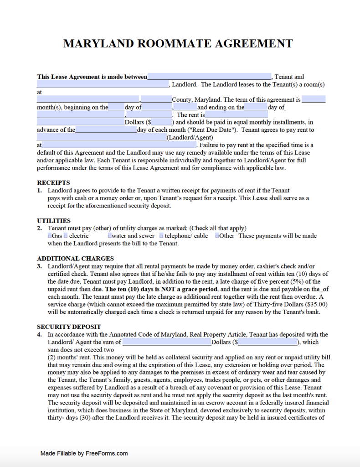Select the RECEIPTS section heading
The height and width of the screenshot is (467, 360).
pos(53,183)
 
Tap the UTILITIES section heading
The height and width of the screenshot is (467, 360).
pos(54,221)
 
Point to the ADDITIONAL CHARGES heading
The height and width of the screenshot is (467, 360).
pos(75,259)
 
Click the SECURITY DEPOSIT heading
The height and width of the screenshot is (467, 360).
pos(69,327)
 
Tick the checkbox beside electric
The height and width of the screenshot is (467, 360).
pos(66,236)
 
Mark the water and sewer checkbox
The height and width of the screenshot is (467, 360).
pos(110,236)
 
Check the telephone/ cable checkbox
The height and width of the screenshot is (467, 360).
pos(161,236)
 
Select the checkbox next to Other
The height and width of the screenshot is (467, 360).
pos(217,236)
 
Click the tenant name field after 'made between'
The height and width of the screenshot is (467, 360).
pos(209,77)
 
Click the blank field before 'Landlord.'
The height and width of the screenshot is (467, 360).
pos(103,84)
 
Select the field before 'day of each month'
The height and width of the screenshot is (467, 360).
pos(106,130)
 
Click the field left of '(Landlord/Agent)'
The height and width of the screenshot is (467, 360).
pos(101,137)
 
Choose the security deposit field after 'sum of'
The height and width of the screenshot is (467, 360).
pos(167,342)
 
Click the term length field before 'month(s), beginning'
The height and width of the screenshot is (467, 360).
pos(314,99)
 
